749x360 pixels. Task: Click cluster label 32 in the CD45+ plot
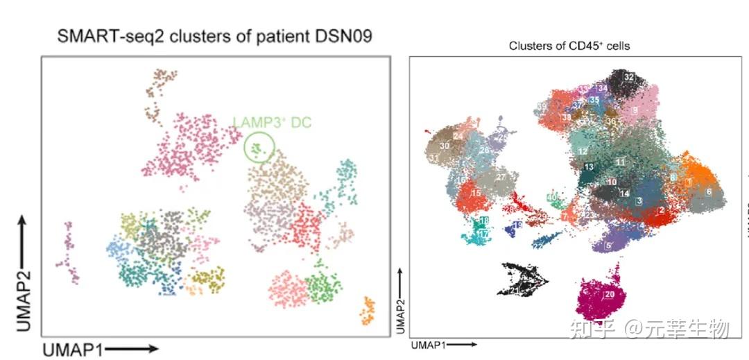coord(629,77)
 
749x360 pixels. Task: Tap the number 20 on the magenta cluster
coord(610,295)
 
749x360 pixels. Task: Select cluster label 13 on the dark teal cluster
coord(588,168)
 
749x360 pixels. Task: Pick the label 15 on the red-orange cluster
coord(476,193)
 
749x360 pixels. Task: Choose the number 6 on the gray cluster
coord(708,191)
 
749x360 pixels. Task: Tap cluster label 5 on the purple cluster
coord(608,245)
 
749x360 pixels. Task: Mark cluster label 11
coord(621,162)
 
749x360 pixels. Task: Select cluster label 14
coord(624,193)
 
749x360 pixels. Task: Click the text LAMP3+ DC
coord(272,123)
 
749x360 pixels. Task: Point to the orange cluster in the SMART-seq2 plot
coord(368,311)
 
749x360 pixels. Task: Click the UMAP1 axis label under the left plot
coord(73,350)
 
